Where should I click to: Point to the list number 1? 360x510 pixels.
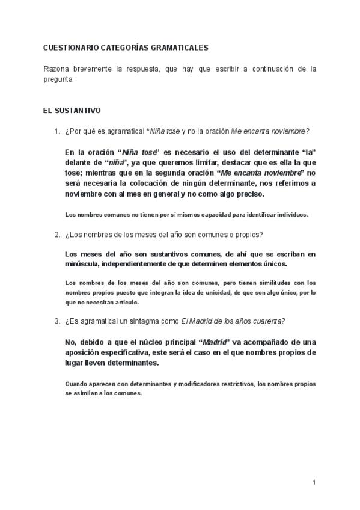(x=56, y=132)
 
